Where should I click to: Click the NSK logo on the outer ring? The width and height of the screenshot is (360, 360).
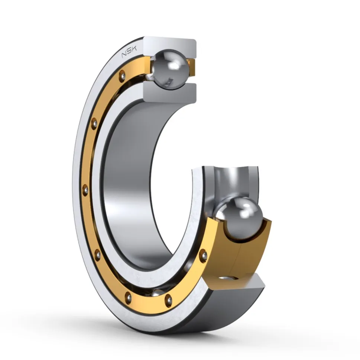[129, 52]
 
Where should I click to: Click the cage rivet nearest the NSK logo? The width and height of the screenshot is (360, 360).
[122, 75]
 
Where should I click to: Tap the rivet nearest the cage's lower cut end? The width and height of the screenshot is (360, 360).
[203, 255]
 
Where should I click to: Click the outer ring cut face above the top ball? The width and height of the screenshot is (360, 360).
[170, 45]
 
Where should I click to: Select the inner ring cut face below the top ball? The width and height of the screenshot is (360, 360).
[170, 93]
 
